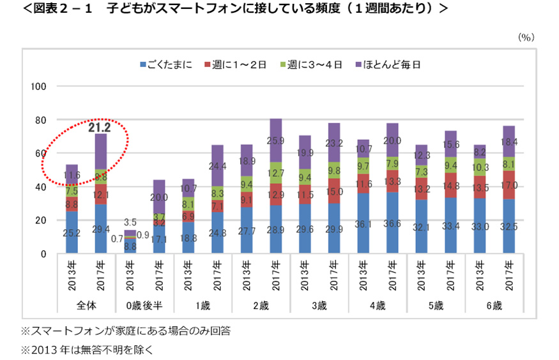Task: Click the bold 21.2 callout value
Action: [100, 128]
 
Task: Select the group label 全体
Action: [86, 305]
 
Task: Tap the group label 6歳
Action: [494, 305]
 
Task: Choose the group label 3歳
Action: [319, 305]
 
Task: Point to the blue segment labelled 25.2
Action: [72, 233]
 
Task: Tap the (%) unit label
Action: [525, 37]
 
